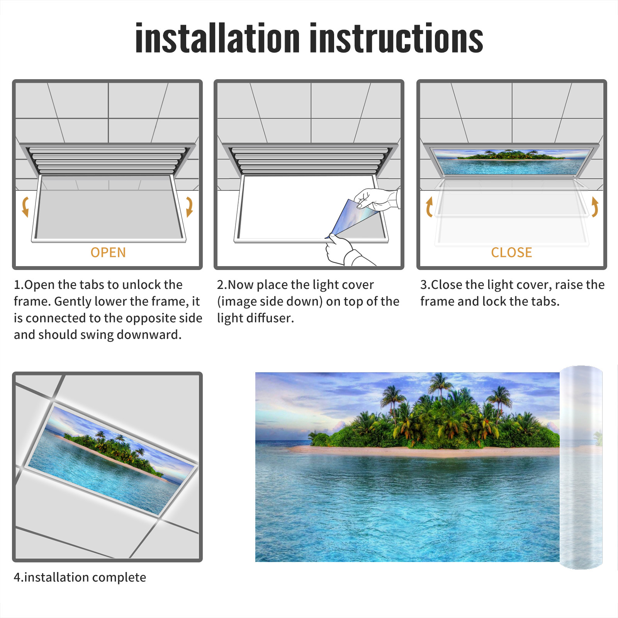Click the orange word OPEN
(x=108, y=253)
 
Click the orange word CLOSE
(x=511, y=253)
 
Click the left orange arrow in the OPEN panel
(x=25, y=207)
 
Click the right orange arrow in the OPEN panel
(x=189, y=207)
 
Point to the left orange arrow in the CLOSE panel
(x=429, y=207)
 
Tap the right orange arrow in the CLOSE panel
(x=595, y=207)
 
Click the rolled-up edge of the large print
(x=581, y=467)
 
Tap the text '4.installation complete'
(x=80, y=577)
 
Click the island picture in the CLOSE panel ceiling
(x=512, y=161)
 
